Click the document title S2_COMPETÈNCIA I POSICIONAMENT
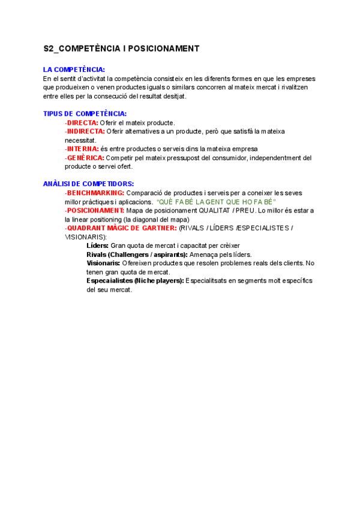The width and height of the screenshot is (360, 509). (121, 48)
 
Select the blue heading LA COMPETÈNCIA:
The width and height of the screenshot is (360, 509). (74, 70)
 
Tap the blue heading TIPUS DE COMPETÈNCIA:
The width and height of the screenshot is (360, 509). (85, 113)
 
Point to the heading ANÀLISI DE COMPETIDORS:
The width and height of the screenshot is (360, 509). (88, 184)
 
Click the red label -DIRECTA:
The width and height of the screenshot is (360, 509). (82, 122)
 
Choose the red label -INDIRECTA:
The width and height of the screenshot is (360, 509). (85, 131)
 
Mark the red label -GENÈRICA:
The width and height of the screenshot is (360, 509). (85, 157)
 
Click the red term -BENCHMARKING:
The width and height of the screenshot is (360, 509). (95, 193)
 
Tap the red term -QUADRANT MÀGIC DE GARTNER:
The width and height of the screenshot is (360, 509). (121, 228)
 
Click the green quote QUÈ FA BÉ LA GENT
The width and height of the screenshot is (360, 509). (215, 202)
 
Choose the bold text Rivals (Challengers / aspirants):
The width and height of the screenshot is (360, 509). (137, 254)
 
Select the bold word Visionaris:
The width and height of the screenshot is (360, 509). (103, 263)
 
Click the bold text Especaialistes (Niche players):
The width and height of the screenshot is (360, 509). (135, 280)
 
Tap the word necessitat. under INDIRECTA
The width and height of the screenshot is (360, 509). (80, 140)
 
